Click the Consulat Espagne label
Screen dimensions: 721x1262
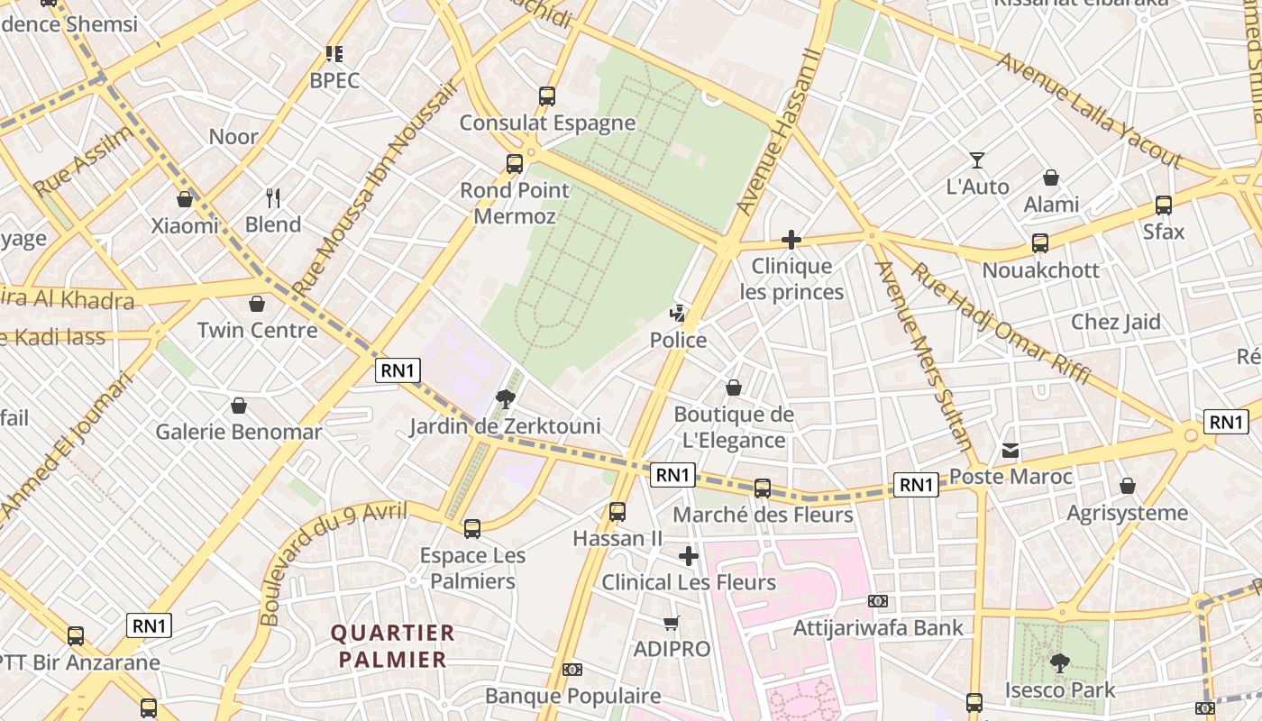point(547,123)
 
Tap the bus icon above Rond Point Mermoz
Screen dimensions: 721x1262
point(515,164)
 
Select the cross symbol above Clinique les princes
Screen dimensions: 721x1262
point(791,240)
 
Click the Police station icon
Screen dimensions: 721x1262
point(678,314)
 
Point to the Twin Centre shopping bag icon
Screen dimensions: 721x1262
point(257,304)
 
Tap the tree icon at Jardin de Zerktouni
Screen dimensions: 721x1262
point(505,399)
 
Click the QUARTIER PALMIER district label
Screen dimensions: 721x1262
point(393,645)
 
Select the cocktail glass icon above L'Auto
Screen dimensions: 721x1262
point(977,160)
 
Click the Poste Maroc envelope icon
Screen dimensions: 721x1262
point(1011,450)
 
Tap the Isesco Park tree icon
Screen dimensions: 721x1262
point(1060,664)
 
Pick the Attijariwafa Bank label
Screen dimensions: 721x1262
point(878,627)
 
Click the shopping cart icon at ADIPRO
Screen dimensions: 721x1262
point(671,623)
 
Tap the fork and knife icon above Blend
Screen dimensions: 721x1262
point(273,197)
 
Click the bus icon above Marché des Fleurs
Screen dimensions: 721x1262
point(763,488)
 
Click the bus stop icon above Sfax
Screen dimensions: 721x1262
point(1164,205)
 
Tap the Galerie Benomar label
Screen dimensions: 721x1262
point(239,432)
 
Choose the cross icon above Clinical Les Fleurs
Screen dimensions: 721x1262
point(689,556)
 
